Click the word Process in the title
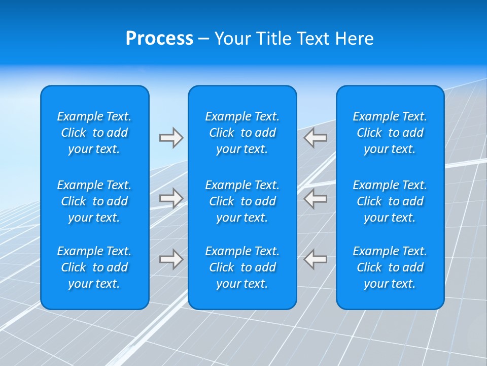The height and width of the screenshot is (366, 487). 159,39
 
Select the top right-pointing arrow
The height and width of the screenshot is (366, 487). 171,138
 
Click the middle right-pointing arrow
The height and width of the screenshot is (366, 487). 171,198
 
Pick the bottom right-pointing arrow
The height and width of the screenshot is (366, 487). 171,259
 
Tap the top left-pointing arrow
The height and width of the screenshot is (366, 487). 316,138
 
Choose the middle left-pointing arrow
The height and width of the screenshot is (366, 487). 316,198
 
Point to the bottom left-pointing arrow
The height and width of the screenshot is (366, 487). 316,259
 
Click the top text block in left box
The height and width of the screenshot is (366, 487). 94,133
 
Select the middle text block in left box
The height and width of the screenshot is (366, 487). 94,201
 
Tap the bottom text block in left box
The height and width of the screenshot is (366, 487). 94,267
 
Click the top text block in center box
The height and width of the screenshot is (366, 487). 242,133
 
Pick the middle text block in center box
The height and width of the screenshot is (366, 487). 242,201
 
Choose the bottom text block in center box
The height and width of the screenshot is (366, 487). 242,267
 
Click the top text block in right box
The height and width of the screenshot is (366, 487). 390,133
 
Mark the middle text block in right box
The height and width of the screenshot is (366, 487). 390,201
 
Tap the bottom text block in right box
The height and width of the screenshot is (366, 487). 390,267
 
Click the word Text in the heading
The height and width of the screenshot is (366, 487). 313,39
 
